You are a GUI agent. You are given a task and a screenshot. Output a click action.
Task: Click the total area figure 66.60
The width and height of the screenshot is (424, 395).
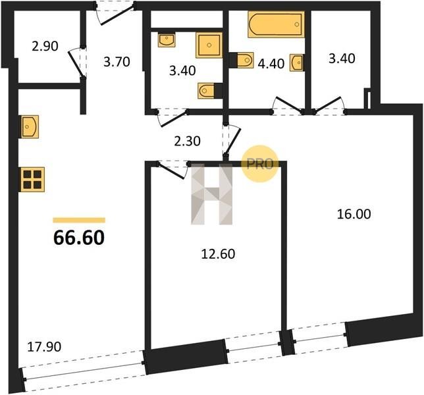tap(79, 238)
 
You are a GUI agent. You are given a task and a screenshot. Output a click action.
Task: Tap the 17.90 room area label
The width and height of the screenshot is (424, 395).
tap(44, 347)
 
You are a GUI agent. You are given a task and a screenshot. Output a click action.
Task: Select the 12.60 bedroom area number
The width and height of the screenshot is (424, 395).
tap(218, 254)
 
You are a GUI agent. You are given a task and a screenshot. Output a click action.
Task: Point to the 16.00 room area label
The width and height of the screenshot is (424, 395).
tap(354, 214)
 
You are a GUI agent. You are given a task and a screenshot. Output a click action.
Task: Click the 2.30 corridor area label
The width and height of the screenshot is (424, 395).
tap(187, 141)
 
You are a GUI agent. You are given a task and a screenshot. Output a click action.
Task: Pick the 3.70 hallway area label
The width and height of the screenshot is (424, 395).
tap(117, 62)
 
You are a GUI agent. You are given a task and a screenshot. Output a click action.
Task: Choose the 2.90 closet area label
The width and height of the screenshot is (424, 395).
tap(45, 46)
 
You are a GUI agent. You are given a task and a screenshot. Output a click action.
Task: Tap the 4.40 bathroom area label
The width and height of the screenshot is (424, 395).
tap(271, 64)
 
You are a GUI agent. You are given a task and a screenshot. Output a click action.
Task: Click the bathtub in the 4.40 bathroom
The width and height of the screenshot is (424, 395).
tap(276, 24)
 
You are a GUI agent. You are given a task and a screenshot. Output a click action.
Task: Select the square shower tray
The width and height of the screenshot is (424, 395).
tap(209, 45)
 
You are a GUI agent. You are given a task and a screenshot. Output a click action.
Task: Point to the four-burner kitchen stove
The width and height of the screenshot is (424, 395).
tap(32, 180)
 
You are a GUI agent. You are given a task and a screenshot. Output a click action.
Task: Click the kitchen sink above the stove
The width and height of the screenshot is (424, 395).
tap(29, 127)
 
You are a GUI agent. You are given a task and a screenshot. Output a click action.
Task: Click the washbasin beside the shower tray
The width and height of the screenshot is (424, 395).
tap(167, 40)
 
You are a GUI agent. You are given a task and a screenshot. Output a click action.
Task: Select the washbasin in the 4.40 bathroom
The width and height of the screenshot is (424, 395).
tap(297, 63)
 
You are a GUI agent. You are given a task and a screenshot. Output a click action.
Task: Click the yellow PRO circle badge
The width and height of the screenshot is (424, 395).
tap(259, 163)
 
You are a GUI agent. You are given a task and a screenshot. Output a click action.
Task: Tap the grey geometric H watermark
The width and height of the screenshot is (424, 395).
tap(211, 194)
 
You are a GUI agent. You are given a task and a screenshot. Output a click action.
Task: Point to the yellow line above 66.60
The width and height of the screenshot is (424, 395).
tap(79, 220)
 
